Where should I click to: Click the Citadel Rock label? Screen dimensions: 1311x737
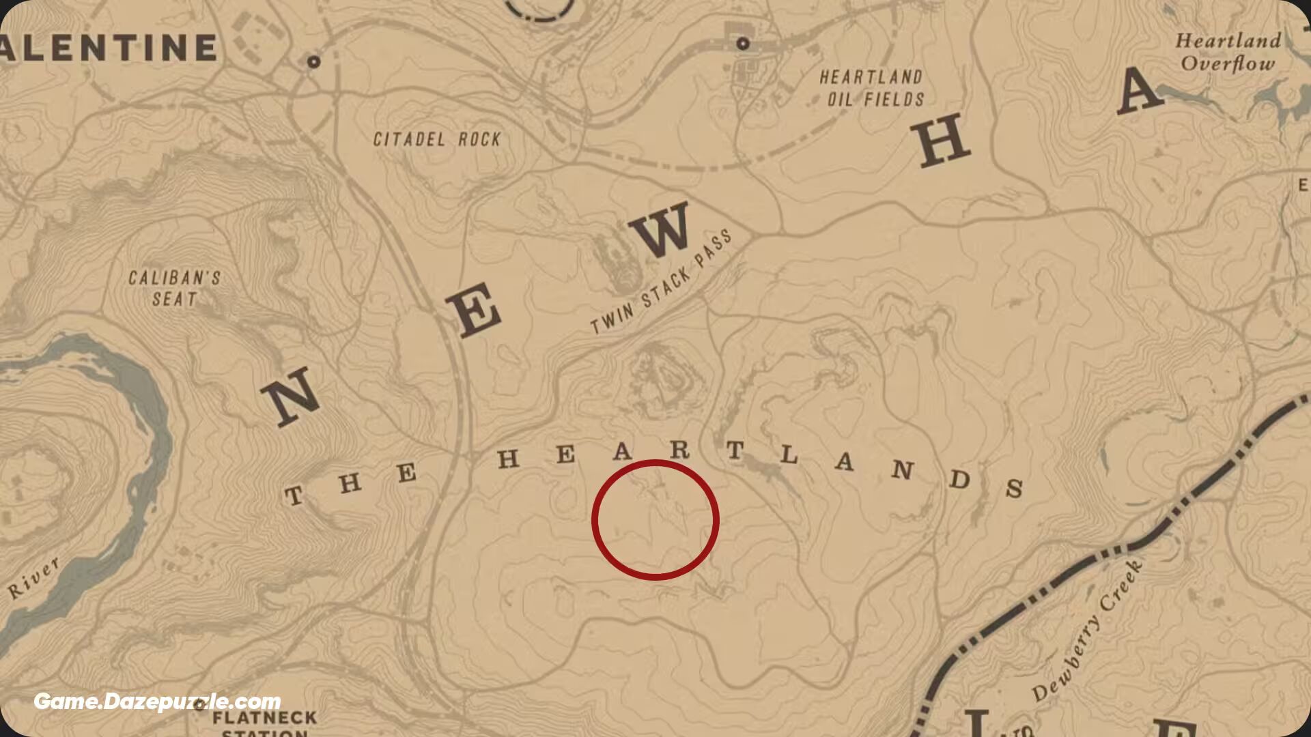437,139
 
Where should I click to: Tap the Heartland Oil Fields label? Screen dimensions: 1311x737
872,88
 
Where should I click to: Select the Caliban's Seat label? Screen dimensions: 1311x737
174,288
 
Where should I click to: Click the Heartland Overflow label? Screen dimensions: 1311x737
1228,52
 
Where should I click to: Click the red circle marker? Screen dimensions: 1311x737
655,520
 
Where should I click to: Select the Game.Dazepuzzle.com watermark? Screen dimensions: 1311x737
157,702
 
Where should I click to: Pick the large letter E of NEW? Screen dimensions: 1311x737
475,310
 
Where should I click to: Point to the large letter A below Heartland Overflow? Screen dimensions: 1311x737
1139,91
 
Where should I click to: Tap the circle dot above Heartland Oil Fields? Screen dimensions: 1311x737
743,44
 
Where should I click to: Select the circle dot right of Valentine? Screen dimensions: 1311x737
313,61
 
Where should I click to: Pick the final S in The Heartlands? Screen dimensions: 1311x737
1015,487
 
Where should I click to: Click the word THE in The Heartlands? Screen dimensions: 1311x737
350,483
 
